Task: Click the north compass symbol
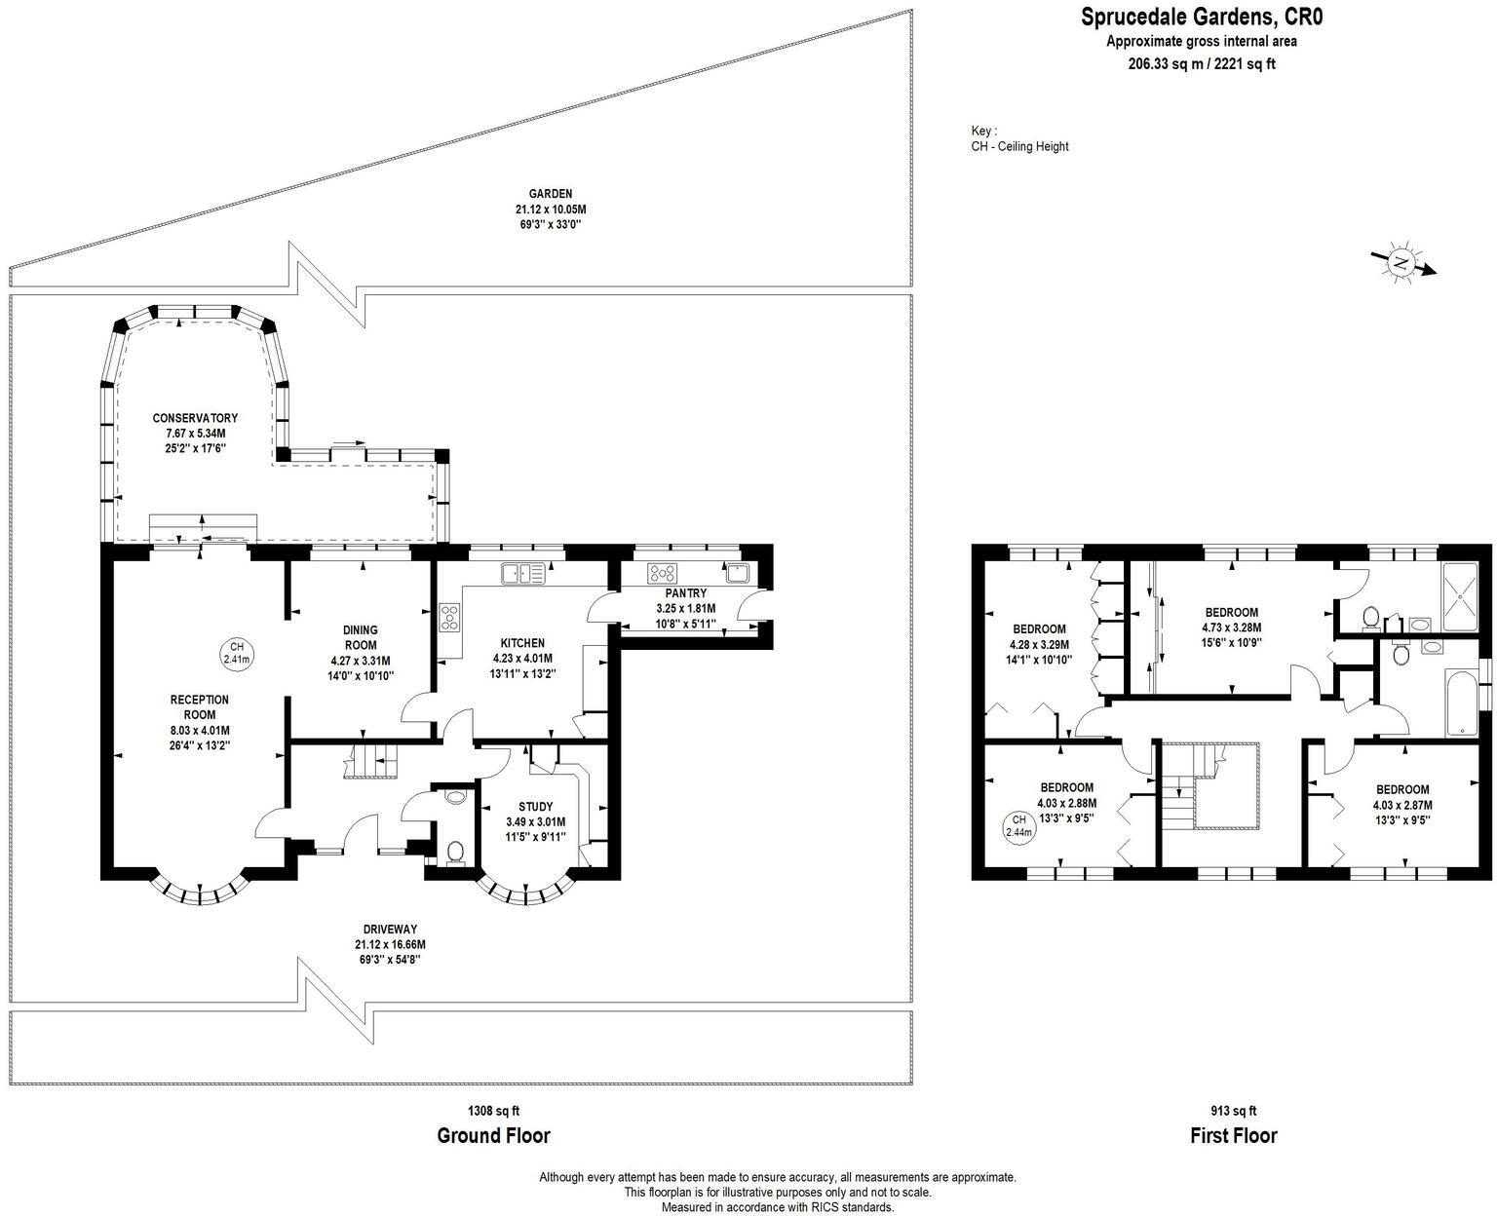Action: click(x=1402, y=265)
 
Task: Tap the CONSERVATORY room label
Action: click(x=195, y=418)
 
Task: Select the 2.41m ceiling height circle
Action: click(x=237, y=653)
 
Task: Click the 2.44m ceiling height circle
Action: click(x=1019, y=826)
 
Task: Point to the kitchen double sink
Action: click(x=523, y=574)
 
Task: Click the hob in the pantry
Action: click(x=662, y=574)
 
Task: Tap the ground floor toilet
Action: click(x=455, y=853)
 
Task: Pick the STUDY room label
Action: click(x=535, y=807)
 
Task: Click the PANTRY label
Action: click(x=686, y=593)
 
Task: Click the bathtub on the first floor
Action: click(x=1462, y=703)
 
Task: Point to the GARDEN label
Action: click(x=551, y=194)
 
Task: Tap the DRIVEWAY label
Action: click(x=390, y=930)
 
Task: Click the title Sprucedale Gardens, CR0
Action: click(x=1202, y=17)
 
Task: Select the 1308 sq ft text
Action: click(x=493, y=1111)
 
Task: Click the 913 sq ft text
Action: click(x=1234, y=1111)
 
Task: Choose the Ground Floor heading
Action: click(x=493, y=1136)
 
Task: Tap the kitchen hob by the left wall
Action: click(x=450, y=617)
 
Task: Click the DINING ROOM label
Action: click(x=360, y=637)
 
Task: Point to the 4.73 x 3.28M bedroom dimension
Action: click(x=1231, y=627)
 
